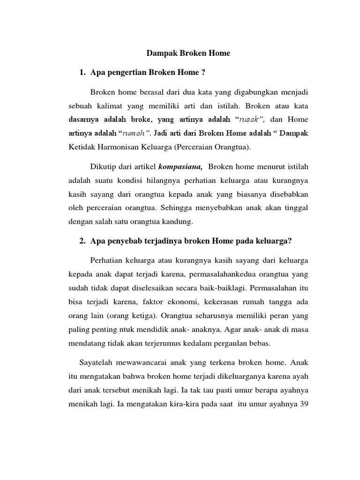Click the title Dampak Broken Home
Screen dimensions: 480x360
tap(188, 53)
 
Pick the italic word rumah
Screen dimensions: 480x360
tap(136, 133)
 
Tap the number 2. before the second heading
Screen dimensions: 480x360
tap(82, 241)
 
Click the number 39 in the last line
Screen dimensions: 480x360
tap(302, 404)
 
